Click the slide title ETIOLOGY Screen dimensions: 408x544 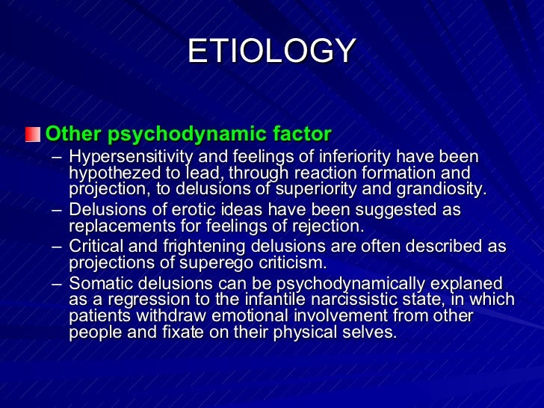(x=271, y=52)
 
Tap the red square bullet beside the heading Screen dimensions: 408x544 (x=32, y=135)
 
